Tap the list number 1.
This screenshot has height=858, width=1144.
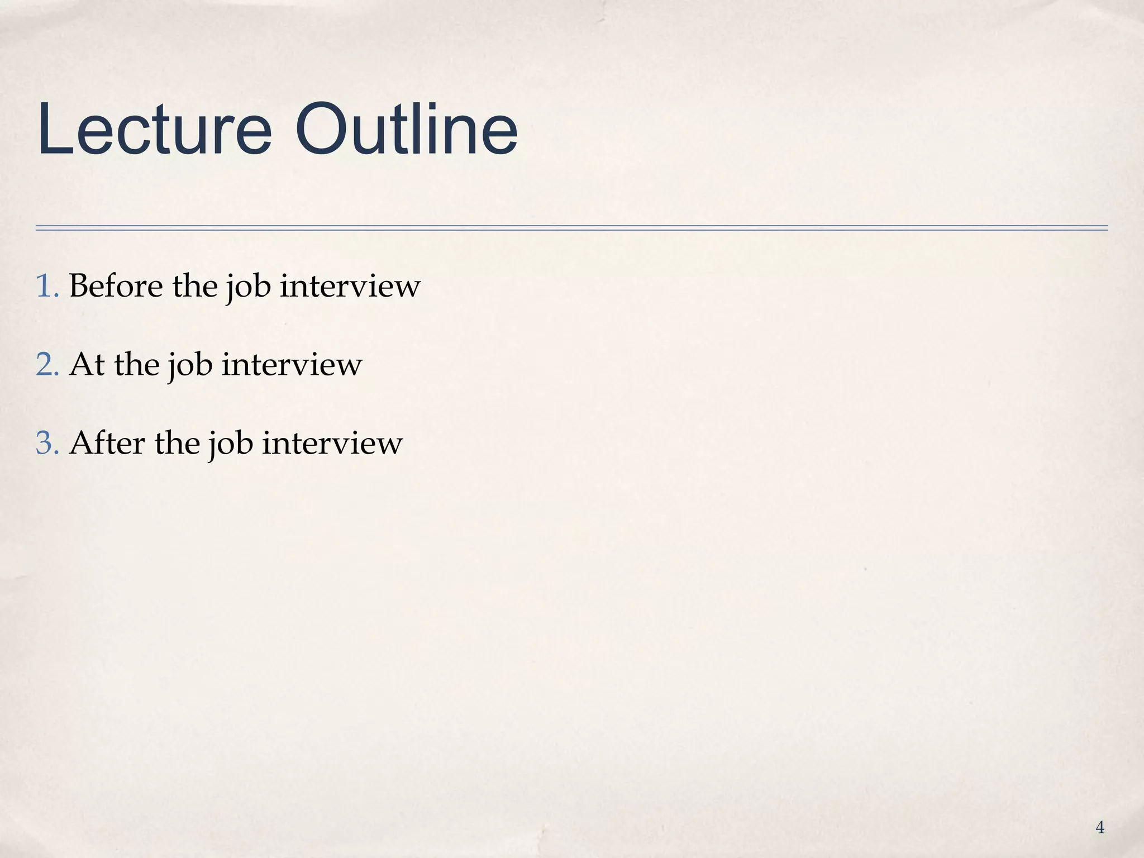coord(46,287)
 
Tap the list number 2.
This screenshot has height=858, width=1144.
coord(46,365)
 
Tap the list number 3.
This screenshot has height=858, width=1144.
coord(46,444)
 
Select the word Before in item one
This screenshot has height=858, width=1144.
coord(116,287)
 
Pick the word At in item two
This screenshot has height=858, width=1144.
coord(87,365)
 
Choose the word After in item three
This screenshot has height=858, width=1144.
coord(106,444)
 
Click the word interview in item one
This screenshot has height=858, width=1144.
coord(350,287)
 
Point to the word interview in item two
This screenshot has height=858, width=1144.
coord(292,365)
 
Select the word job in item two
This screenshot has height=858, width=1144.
coord(189,367)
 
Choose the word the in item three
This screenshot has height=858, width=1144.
coord(177,444)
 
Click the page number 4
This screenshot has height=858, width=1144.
coord(1100,827)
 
